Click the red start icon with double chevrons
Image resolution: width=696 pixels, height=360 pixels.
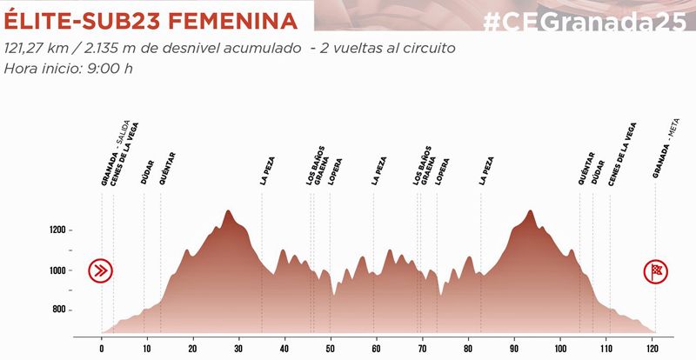pyautogui.click(x=103, y=270)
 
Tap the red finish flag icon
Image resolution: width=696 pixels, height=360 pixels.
pyautogui.click(x=655, y=271)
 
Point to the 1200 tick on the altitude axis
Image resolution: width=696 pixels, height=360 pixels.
pyautogui.click(x=58, y=230)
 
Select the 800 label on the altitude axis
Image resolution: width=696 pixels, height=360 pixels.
pyautogui.click(x=58, y=310)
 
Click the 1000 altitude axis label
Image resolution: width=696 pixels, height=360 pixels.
pyautogui.click(x=58, y=270)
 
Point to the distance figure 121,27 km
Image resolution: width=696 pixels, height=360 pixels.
pyautogui.click(x=37, y=49)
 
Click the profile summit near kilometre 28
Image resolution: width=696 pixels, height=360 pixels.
pyautogui.click(x=229, y=211)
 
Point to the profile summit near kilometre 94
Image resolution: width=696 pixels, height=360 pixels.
pyautogui.click(x=531, y=210)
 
